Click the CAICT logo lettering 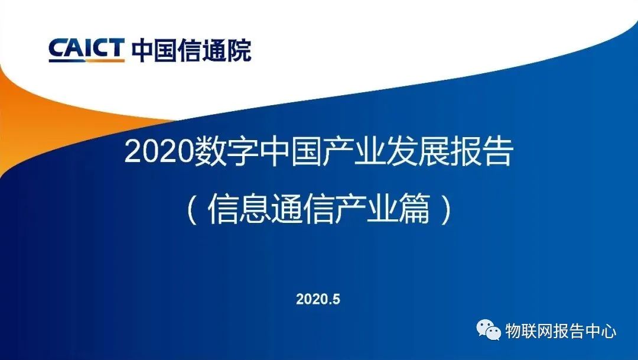[86, 48]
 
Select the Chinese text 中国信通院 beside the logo [191, 50]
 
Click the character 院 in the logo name [239, 50]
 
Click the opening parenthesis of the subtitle [193, 209]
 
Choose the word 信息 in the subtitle [239, 209]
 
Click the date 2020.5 [318, 299]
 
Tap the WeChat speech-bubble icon [489, 329]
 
